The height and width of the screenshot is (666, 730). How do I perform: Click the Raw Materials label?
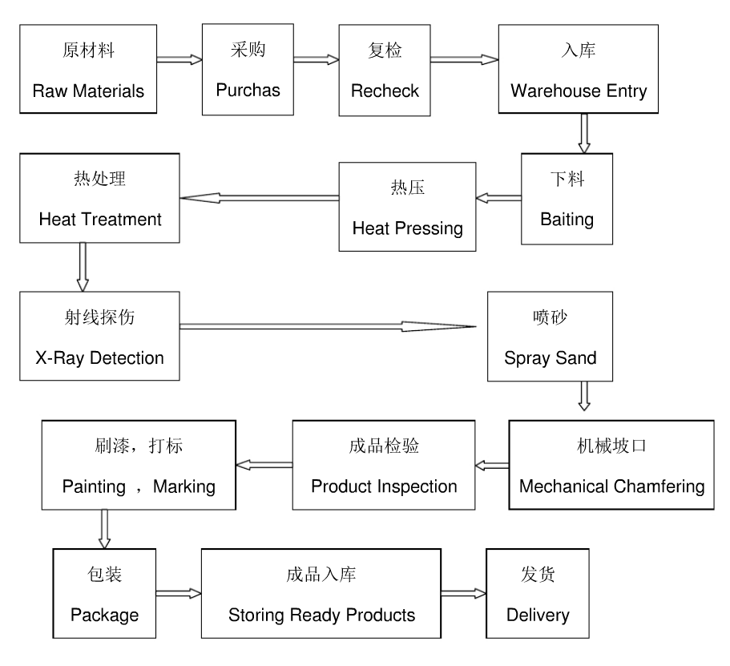(x=88, y=91)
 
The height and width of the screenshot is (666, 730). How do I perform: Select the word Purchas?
(x=248, y=90)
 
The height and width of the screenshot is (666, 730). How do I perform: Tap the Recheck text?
(x=385, y=91)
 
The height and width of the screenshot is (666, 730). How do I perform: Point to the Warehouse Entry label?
(x=579, y=91)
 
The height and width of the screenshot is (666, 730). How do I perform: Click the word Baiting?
(x=567, y=219)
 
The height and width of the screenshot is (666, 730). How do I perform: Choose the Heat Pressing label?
(x=408, y=228)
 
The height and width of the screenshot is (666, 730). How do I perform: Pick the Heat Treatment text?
(x=100, y=219)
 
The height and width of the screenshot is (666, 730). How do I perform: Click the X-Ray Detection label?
(x=99, y=357)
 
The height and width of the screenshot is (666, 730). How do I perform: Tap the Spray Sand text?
(x=551, y=357)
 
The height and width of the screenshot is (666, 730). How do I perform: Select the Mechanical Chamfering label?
(x=611, y=486)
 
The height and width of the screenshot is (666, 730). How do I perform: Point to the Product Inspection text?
(x=384, y=486)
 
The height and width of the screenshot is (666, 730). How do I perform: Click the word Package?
(x=104, y=616)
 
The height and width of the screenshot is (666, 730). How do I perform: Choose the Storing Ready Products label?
(x=322, y=616)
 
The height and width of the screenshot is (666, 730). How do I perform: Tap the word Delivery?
(x=538, y=616)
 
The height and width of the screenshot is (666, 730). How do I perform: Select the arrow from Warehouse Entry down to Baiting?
(x=584, y=133)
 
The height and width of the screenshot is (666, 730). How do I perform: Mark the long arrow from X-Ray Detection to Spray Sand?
(x=329, y=326)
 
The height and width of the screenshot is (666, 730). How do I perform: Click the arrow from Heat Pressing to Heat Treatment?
(x=259, y=197)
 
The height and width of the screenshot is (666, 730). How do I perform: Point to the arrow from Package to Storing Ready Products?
(x=178, y=594)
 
